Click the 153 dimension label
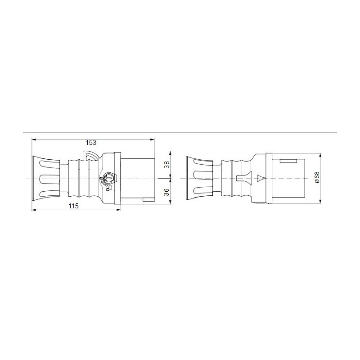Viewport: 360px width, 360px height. tap(91, 143)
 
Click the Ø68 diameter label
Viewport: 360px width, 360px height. tap(317, 178)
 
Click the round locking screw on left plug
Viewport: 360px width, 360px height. tap(108, 178)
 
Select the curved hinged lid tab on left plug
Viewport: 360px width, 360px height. tap(92, 156)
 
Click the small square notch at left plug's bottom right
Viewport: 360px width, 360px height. tap(146, 199)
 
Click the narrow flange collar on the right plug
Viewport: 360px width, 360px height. tap(269, 179)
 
